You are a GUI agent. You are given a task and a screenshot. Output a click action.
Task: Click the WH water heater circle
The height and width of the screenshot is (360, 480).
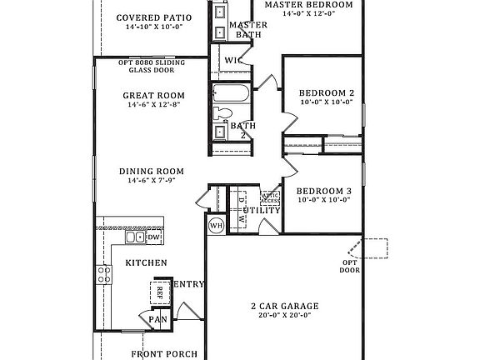coord(215,225)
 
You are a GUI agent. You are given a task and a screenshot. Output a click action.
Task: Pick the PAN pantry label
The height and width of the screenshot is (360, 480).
coord(157,319)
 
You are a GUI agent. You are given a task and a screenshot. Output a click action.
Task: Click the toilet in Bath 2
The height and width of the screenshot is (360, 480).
coord(224,113)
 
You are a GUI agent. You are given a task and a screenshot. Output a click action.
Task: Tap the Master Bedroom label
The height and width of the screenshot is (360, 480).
coord(307,5)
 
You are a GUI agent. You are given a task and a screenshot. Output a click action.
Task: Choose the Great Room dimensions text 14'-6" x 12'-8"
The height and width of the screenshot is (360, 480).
coord(152,106)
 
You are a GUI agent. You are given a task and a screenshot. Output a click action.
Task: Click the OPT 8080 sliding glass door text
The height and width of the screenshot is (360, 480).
coord(151,67)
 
